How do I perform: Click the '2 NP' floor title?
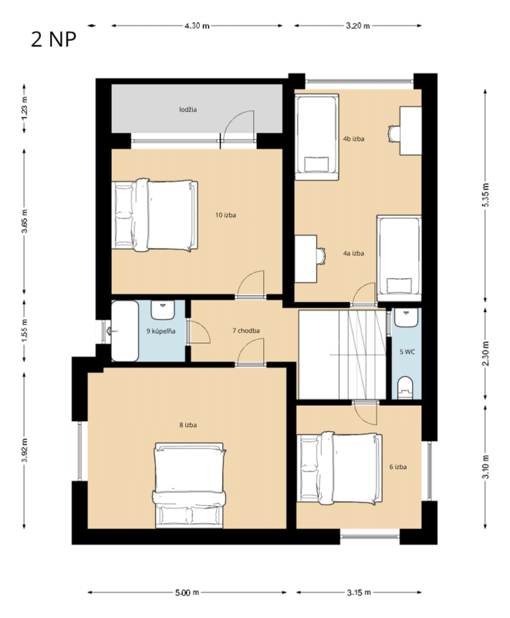pos(53,40)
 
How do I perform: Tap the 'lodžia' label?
pos(187,110)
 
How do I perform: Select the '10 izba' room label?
pos(225,215)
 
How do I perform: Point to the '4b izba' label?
pos(353,139)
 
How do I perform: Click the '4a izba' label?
pos(353,253)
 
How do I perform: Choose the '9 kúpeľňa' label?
pos(161,331)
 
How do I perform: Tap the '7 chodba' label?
pos(246,331)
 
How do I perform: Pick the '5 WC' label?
pos(407,351)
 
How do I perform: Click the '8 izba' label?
pos(188,425)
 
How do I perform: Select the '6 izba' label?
pos(398,467)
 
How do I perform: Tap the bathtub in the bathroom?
pos(125,331)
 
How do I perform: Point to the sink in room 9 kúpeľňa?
pos(163,311)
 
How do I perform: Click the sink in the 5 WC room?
pos(406,317)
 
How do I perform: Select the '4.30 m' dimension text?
pos(197,26)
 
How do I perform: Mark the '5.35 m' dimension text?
pos(485,195)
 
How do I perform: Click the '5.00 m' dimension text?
pos(187,593)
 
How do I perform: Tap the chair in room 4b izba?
pos(394,134)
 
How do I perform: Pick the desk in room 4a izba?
pos(306,259)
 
